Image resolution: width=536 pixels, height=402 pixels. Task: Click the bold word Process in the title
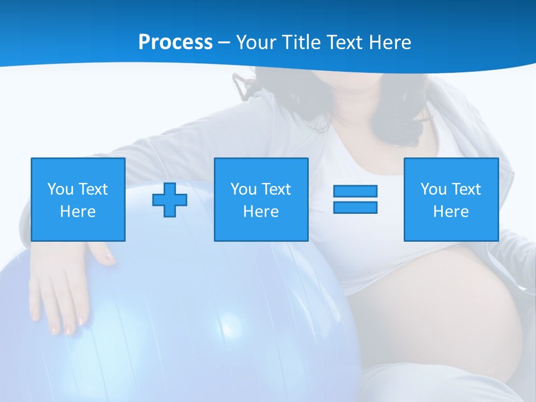tap(175, 42)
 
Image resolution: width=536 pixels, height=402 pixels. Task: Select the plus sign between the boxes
tap(170, 200)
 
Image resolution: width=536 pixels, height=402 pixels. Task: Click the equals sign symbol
tap(355, 199)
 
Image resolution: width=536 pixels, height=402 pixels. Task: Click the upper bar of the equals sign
tap(355, 191)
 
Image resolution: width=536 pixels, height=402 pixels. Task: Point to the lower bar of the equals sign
tap(355, 207)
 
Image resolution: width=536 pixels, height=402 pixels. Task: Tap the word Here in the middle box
tap(261, 212)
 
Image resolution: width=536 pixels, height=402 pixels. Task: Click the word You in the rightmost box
tap(433, 189)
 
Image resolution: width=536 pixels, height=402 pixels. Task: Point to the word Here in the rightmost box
tap(451, 212)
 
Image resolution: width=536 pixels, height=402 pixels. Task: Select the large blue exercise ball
tap(212, 313)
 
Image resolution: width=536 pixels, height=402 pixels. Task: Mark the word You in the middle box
tap(243, 189)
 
